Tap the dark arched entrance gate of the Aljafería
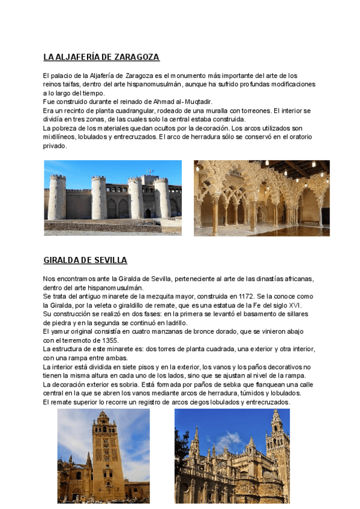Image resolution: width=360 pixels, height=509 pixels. coord(148,213)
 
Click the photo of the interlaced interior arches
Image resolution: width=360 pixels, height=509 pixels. coord(262,197)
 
